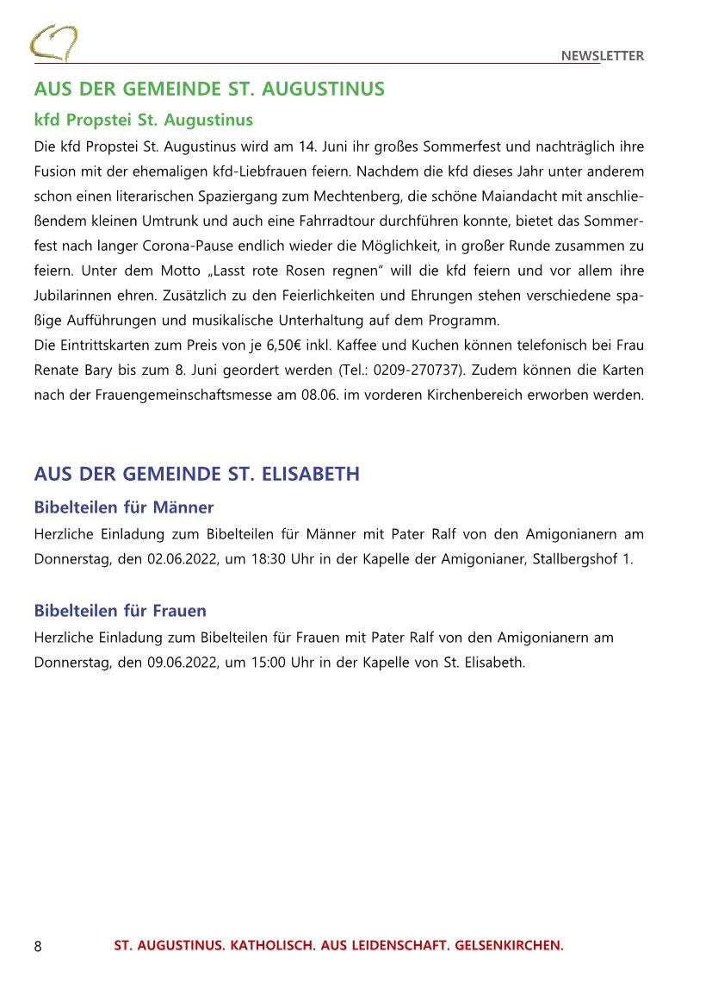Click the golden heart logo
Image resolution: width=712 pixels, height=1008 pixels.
click(53, 42)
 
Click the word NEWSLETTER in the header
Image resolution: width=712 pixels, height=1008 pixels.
click(602, 56)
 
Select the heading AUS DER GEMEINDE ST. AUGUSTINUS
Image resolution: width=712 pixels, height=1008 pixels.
click(209, 90)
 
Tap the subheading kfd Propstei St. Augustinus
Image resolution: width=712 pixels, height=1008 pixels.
click(143, 119)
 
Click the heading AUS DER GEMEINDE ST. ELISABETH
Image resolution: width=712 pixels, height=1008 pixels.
click(196, 475)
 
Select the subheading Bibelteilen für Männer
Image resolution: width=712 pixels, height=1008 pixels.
click(124, 507)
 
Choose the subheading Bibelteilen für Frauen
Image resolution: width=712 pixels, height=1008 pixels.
click(121, 611)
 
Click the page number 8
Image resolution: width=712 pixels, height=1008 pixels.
click(38, 947)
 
